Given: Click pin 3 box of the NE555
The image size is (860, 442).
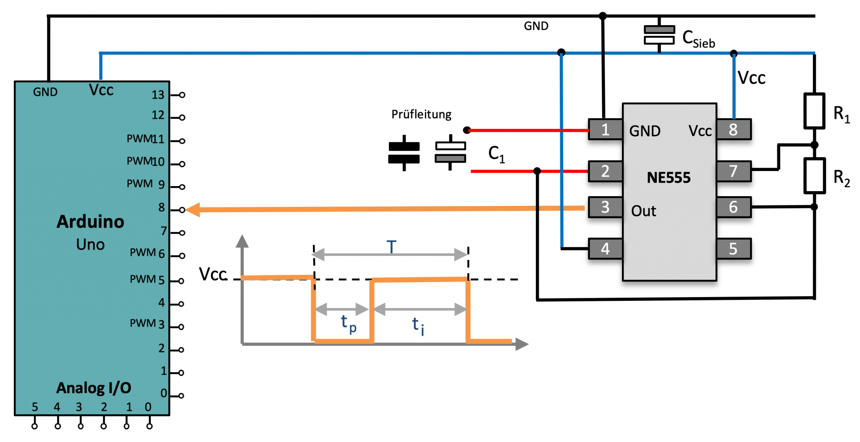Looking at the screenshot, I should point(605,207).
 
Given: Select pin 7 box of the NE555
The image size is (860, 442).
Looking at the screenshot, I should point(733,171).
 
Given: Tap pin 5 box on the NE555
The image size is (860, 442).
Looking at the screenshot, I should point(733,249).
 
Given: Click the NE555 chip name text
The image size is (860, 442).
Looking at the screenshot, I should point(669,178).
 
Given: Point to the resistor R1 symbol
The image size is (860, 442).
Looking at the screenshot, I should point(814,111).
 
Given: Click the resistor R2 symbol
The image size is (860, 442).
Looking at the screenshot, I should point(814,176).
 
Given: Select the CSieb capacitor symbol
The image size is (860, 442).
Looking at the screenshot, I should point(659,35).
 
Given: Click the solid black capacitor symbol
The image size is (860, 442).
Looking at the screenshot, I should point(404,153).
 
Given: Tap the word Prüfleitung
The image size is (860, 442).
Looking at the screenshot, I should point(421,114).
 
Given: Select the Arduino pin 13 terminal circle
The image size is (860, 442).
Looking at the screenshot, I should point(182,95).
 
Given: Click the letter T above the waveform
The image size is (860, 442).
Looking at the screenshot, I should point(391,247).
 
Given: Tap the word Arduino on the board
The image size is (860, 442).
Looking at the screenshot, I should point(90,222).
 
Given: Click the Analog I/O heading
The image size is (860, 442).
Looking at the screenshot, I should point(94,388).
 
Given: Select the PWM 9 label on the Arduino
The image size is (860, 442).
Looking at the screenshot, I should point(145,184).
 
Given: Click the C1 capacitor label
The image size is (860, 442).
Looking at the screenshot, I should point(496,154).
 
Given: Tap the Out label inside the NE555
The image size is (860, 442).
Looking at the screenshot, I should point(643,211).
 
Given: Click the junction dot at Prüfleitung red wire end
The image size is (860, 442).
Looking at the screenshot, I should point(467,130).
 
